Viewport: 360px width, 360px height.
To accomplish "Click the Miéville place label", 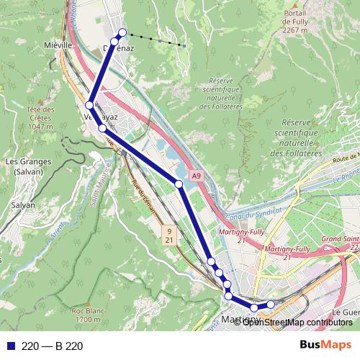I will coord(59,45).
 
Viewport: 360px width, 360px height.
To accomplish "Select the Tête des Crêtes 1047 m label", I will coord(42,117).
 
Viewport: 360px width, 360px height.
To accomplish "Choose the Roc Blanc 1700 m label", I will coord(86,314).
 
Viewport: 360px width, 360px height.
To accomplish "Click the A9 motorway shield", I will coord(197,175).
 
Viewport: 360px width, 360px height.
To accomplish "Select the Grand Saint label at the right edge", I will coord(339,238).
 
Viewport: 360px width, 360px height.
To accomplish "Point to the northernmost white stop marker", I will coord(122,32).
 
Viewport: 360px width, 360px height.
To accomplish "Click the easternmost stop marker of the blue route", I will coord(271,305).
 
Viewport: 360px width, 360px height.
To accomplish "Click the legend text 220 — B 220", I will coord(53,346).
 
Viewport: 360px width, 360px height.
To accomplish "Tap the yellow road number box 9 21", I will coord(168,235).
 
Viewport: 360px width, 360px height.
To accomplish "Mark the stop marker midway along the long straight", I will coord(179,184).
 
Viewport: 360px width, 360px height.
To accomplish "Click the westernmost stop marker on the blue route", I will coord(89,105).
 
